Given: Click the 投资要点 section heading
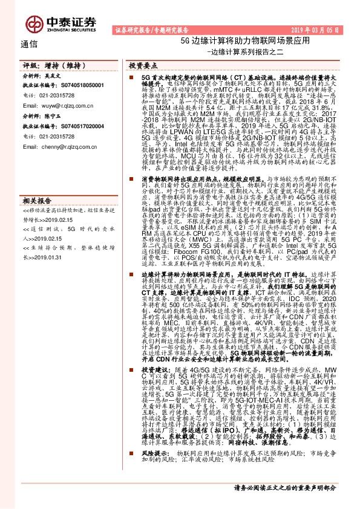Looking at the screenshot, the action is (x=144, y=65).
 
